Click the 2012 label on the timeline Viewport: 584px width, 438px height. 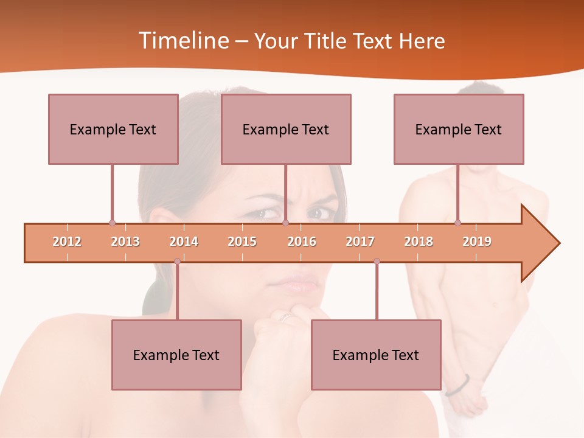[x=67, y=242]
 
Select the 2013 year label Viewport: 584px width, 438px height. [x=125, y=242]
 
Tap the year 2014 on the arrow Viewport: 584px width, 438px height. [x=184, y=242]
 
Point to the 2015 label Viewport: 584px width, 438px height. [x=242, y=242]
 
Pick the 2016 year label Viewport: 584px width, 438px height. [x=302, y=242]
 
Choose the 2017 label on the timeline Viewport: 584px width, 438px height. [x=360, y=242]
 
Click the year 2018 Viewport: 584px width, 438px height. [x=419, y=242]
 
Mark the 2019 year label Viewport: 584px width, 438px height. [x=477, y=242]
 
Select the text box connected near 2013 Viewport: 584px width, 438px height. [x=113, y=129]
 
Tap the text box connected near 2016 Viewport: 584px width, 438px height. [x=286, y=129]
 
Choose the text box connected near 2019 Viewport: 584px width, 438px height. [x=459, y=129]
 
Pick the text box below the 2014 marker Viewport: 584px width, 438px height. [x=176, y=355]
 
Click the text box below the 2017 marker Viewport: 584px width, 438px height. [x=376, y=355]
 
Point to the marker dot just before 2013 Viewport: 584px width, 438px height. [x=112, y=223]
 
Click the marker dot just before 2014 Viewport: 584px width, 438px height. [x=177, y=262]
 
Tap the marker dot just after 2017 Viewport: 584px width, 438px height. [x=377, y=262]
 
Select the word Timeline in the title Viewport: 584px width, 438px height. [x=182, y=41]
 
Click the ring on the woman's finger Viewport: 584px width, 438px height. [x=285, y=316]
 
